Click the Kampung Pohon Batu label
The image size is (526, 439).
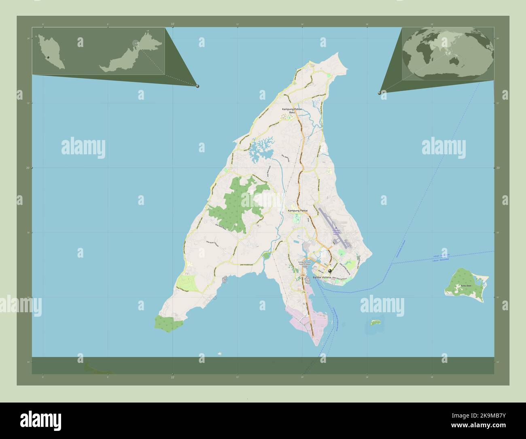coord(292,111)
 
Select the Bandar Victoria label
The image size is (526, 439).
coord(322,277)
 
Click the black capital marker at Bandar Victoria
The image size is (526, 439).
coord(330,271)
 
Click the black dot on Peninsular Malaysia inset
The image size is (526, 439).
coord(48,58)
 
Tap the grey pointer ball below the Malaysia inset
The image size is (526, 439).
coord(197,86)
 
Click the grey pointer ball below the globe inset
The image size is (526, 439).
coord(380,93)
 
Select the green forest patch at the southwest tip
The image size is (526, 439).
coord(169,324)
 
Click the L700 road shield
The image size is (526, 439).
coord(303,275)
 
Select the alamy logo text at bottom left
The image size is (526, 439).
coord(40,420)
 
